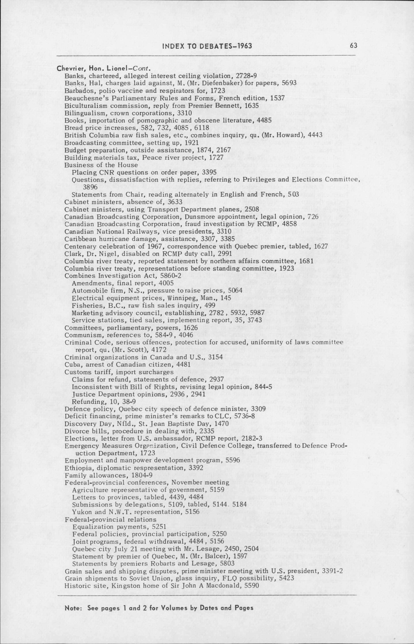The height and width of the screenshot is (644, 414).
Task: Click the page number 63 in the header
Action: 354,45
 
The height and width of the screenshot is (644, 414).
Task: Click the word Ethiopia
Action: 76,468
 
